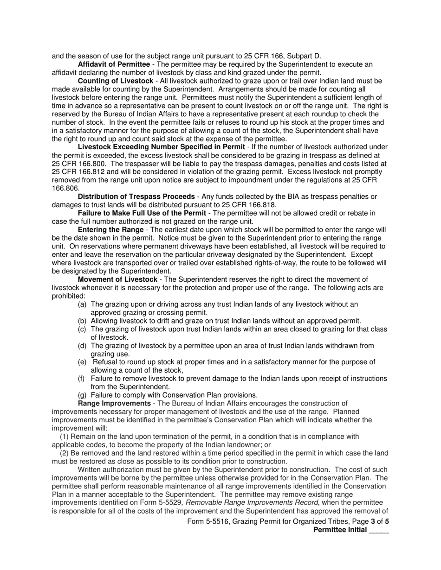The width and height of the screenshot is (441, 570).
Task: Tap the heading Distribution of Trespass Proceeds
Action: click(136, 196)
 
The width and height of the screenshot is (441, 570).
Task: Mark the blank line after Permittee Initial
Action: click(379, 530)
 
